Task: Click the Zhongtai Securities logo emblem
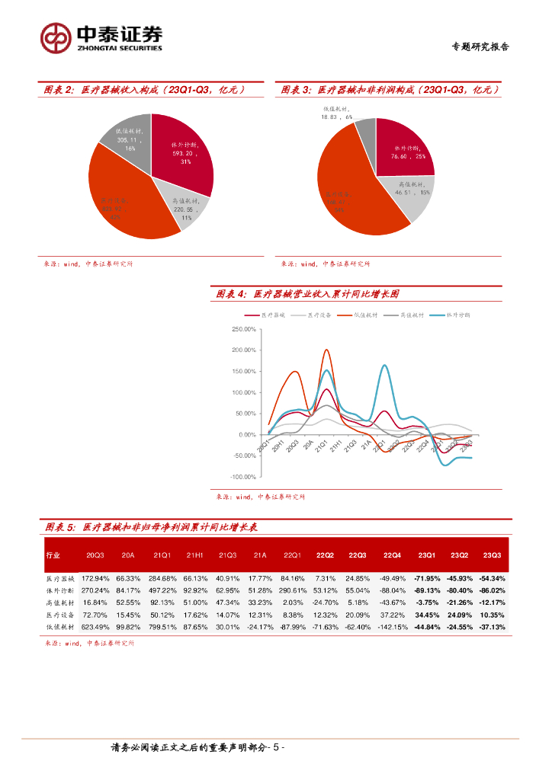pyautogui.click(x=56, y=37)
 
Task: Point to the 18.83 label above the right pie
pyautogui.click(x=330, y=117)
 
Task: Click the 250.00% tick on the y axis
pyautogui.click(x=242, y=329)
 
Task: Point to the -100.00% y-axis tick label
pyautogui.click(x=242, y=476)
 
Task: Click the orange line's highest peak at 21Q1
pyautogui.click(x=326, y=350)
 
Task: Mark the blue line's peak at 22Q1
pyautogui.click(x=384, y=366)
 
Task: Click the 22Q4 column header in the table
pyautogui.click(x=392, y=555)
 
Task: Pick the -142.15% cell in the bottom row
pyautogui.click(x=392, y=627)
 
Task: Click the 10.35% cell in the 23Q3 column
pyautogui.click(x=492, y=615)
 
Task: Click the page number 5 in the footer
pyautogui.click(x=276, y=747)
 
